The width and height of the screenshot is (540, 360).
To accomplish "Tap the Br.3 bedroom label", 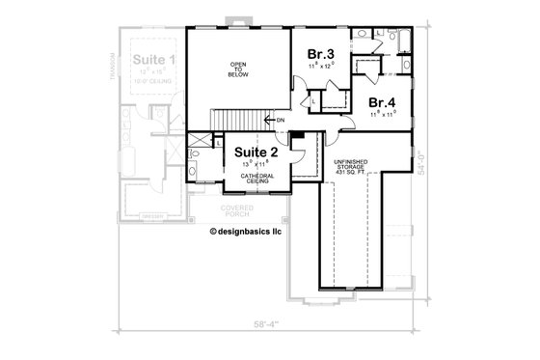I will [321, 53].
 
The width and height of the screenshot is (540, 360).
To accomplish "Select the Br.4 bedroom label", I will [382, 102].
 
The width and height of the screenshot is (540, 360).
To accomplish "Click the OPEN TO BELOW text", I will [237, 71].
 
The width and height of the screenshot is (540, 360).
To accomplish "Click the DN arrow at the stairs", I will [279, 120].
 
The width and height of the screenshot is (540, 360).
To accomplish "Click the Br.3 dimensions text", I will [320, 66].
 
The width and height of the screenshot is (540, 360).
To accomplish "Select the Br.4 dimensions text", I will [382, 115].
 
